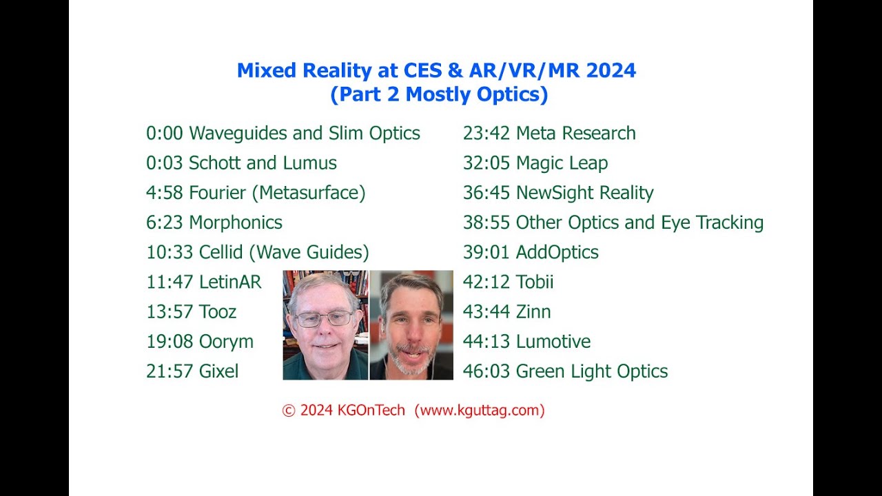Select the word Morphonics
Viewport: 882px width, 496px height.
pyautogui.click(x=236, y=223)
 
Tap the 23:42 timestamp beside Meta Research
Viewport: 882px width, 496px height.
pyautogui.click(x=486, y=133)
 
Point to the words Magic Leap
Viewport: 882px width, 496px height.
pyautogui.click(x=562, y=163)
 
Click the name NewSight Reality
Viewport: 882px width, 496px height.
pyautogui.click(x=584, y=193)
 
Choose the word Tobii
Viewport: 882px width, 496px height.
pyautogui.click(x=535, y=282)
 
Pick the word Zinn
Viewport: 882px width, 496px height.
pyautogui.click(x=533, y=311)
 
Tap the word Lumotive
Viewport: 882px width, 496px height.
pyautogui.click(x=553, y=342)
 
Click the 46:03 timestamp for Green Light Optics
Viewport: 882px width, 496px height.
pyautogui.click(x=486, y=371)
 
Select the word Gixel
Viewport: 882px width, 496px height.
pyautogui.click(x=218, y=371)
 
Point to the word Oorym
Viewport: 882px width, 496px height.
pyautogui.click(x=226, y=342)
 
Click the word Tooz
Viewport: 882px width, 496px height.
pyautogui.click(x=218, y=311)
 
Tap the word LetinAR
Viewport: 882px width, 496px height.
pyautogui.click(x=230, y=282)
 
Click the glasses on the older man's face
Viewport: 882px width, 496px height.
pyautogui.click(x=324, y=318)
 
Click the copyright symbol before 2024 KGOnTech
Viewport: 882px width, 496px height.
pyautogui.click(x=289, y=411)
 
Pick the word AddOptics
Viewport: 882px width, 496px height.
pyautogui.click(x=557, y=252)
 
